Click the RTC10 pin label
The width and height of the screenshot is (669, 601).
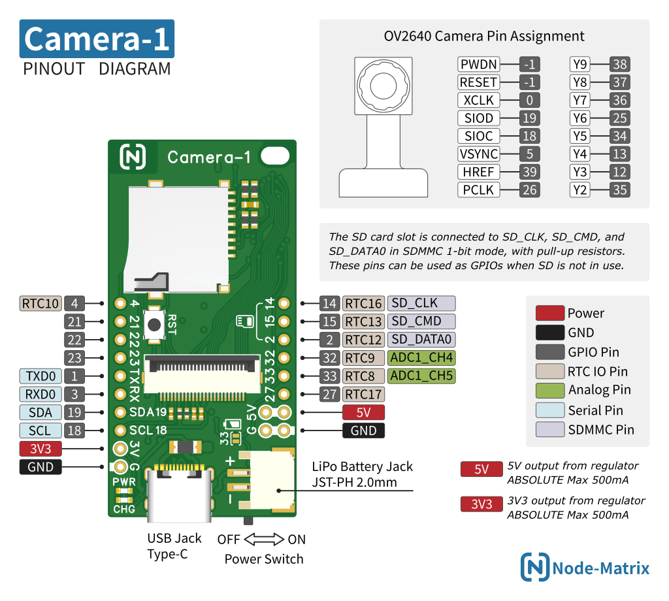coord(41,303)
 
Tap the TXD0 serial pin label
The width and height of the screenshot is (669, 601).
coord(41,376)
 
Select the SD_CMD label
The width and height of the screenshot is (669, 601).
coord(421,321)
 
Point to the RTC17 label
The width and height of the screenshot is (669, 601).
coord(363,394)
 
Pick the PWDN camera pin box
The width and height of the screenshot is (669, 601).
coord(479,65)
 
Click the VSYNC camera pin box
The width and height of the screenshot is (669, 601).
coord(479,154)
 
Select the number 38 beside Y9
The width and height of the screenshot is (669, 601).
coord(619,65)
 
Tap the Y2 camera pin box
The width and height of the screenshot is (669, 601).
coord(579,190)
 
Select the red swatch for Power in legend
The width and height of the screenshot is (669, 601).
coord(549,313)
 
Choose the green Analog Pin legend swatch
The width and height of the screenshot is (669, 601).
coord(549,391)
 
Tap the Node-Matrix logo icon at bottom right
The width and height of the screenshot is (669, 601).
coord(534,567)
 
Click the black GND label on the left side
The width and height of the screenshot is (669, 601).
coord(41,467)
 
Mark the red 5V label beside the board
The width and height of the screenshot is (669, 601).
coord(363,412)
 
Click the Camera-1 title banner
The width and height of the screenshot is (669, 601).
coord(97,39)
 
